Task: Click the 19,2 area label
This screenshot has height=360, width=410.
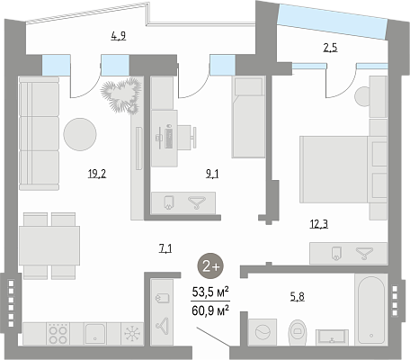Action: pos(97,174)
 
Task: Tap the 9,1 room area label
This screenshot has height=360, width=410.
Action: pos(212,174)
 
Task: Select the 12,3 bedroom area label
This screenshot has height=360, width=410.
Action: pos(319,224)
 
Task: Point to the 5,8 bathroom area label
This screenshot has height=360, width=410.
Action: pos(298,297)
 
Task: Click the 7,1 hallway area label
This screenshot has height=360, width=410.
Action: pos(165,248)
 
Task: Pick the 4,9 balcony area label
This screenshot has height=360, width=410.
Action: pos(119,36)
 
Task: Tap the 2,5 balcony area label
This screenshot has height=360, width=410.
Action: pos(330,48)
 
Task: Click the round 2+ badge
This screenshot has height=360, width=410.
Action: pos(210,266)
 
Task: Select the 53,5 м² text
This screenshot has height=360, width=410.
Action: pos(210,292)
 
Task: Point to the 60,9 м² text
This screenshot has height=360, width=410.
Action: pos(210,310)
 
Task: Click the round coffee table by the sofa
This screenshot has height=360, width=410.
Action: pos(80,134)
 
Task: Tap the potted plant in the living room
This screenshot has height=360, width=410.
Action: pos(121,95)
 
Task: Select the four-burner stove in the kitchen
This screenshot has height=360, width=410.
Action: pos(58,334)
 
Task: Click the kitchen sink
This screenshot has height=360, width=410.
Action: pos(95,334)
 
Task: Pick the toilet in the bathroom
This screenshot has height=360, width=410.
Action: pos(298,332)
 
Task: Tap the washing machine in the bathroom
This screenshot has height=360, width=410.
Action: pos(263,332)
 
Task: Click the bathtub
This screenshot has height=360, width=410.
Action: pos(371,310)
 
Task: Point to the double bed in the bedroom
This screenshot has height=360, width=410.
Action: pos(343,169)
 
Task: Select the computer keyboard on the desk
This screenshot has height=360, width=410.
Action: pos(168,138)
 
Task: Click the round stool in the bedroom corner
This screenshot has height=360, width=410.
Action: pos(362,96)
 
